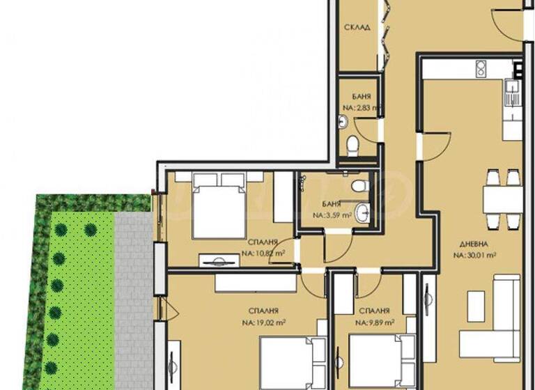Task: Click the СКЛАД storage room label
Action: [x=357, y=28]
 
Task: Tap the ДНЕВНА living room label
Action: [x=474, y=245]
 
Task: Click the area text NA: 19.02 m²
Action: [x=264, y=322]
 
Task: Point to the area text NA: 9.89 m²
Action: [x=375, y=322]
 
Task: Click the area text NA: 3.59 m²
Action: [x=332, y=215]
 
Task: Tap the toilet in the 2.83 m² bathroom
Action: [x=353, y=145]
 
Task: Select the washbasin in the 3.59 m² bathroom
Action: [x=362, y=213]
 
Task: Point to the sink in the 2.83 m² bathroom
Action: [x=342, y=123]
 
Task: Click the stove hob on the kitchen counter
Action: [x=481, y=68]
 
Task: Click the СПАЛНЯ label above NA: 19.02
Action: [x=264, y=311]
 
